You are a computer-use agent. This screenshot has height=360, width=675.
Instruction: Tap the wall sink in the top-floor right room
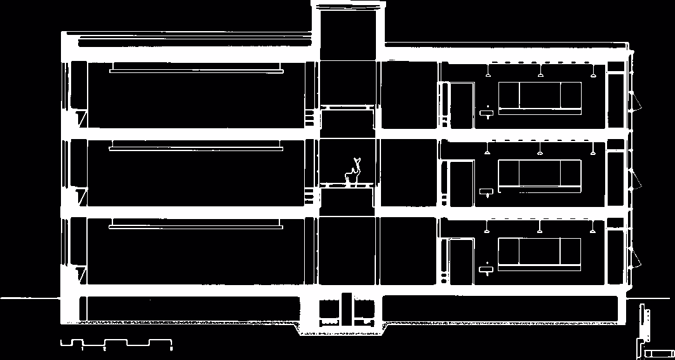[488, 114]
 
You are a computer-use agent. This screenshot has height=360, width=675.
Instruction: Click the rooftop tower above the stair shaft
[348, 25]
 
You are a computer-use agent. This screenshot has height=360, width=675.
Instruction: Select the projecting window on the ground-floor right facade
[635, 257]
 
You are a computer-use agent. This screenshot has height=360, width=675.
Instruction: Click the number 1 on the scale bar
[83, 349]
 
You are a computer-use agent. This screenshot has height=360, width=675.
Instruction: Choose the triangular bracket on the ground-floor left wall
[81, 275]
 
